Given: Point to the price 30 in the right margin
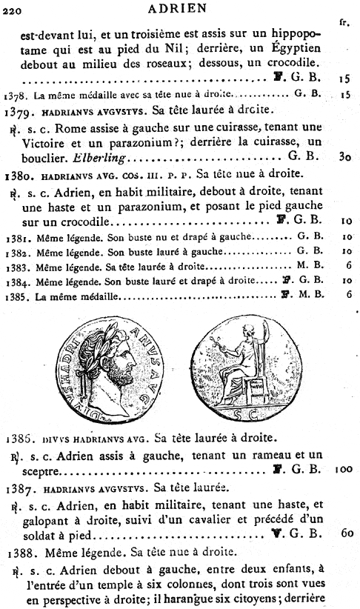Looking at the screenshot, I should point(343,157).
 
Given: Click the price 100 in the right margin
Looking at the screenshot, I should point(342,468).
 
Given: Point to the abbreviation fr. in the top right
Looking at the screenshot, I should point(343,22).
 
